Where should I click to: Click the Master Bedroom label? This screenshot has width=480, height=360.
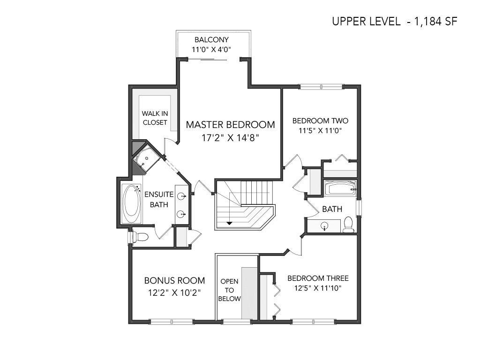[230, 125]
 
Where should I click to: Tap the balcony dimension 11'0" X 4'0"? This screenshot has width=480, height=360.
[211, 50]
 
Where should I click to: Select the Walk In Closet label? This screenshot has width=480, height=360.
[155, 118]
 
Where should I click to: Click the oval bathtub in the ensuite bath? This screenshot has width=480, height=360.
[132, 204]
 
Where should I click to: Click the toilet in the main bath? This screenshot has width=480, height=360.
[348, 225]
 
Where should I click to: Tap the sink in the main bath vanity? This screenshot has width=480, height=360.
[324, 226]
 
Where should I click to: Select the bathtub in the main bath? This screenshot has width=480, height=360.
[340, 188]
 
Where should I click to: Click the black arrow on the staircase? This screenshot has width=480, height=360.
[229, 223]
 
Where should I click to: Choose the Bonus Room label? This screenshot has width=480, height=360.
[174, 280]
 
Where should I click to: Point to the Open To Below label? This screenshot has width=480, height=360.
[229, 290]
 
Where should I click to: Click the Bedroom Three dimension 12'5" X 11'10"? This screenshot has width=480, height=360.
[318, 288]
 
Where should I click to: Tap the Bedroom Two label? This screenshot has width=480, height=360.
[320, 120]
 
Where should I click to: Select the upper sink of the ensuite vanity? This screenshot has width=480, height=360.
[182, 195]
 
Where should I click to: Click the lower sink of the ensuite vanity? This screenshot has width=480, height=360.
[182, 214]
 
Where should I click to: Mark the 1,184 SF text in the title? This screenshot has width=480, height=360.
[435, 22]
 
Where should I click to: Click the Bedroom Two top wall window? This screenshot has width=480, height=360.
[321, 87]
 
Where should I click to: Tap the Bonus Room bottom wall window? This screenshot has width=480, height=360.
[172, 322]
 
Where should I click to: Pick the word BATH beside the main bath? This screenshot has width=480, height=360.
[332, 209]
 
